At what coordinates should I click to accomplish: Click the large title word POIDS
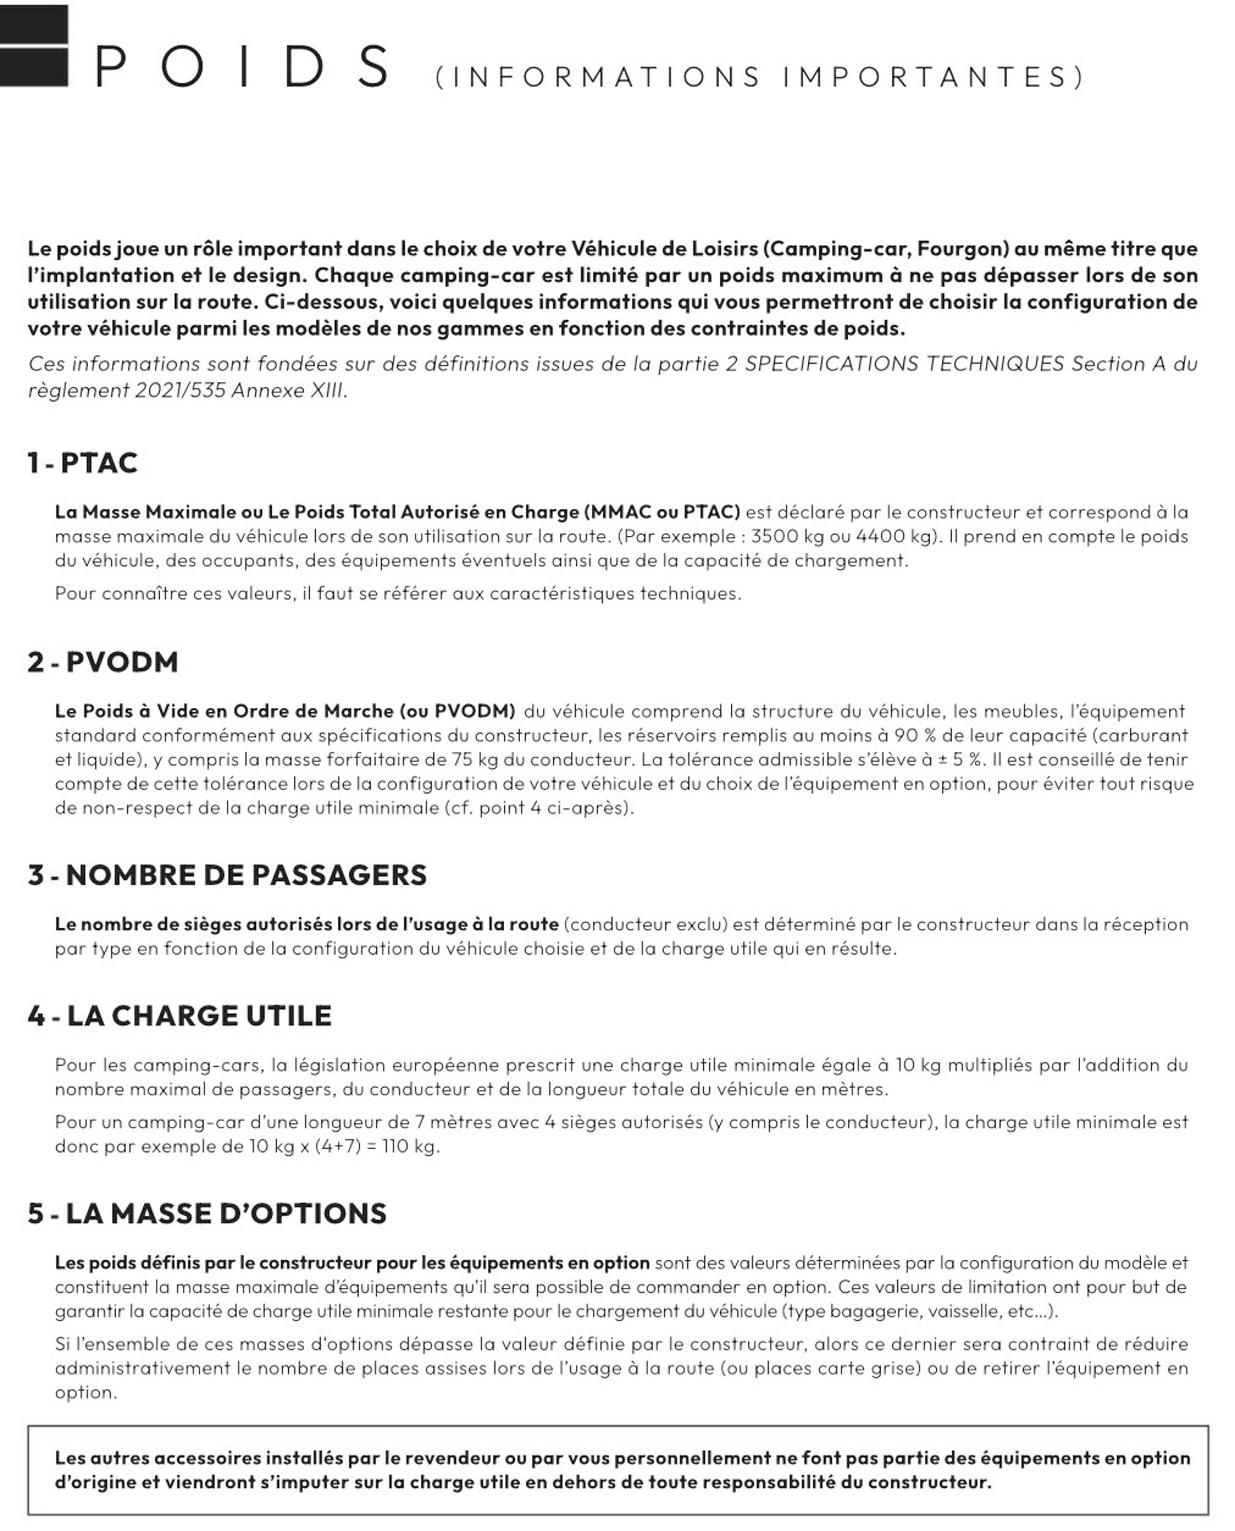pos(242,67)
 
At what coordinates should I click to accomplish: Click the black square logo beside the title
pos(34,47)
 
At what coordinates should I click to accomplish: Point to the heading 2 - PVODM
pos(103,663)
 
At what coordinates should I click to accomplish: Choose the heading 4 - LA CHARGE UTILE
pos(180,1017)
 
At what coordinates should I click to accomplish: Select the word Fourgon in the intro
pos(962,249)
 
